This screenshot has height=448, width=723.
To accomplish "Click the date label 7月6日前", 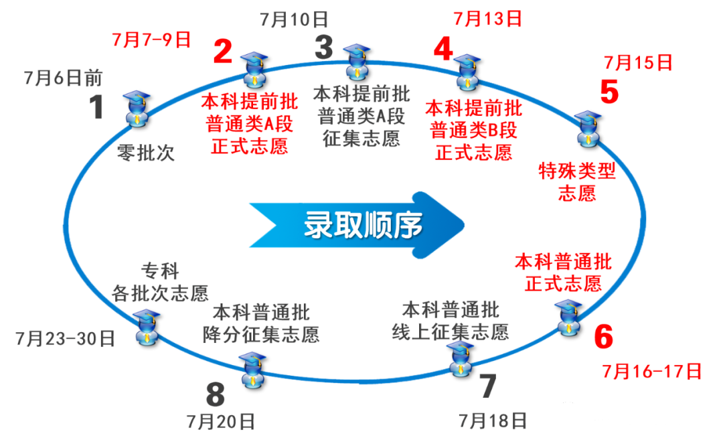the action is point(63,78).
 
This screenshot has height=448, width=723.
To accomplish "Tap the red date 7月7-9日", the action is point(152,40).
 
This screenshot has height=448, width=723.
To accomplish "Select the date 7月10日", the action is point(294,20).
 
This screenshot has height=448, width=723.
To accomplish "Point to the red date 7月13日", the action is point(488,19).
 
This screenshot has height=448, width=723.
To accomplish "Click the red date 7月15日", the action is point(638,62).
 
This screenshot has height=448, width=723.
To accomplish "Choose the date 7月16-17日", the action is point(652,371).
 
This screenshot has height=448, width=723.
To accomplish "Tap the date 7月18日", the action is point(493,421).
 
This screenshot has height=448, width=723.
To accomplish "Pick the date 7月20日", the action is point(221,422).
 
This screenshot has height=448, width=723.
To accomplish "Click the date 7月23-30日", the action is point(66,339).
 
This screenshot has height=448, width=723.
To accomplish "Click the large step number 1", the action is point(96,107).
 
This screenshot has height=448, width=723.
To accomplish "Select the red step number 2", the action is point(223,51).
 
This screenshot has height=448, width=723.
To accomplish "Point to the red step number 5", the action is point(609,92).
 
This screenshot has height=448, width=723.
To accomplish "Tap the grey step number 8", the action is point(216,394).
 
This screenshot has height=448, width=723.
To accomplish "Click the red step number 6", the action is point(604,337).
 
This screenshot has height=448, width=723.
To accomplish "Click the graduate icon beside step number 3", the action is point(357,62).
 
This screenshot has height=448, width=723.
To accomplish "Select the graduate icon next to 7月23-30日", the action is point(147,327).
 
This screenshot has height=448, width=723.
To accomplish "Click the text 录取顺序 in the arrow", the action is point(364,225).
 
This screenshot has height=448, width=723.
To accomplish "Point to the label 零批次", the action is point(146,153).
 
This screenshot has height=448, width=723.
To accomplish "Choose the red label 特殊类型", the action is point(577,171).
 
